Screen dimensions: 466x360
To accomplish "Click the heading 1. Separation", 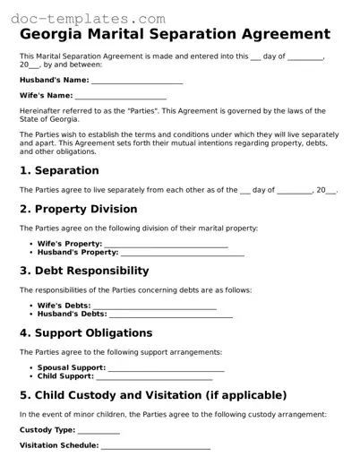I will pos(59,170).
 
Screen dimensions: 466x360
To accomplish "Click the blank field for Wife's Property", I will pos(166,245).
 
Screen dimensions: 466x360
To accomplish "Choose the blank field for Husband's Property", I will pos(183,254).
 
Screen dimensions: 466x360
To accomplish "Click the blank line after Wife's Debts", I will pos(154,306).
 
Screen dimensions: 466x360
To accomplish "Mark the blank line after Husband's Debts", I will pos(170,315).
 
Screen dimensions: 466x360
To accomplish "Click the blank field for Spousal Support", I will pos(166,369).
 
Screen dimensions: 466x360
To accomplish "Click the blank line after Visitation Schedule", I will pos(156,446).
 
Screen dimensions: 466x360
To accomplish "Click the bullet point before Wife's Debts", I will pos(31,306).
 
